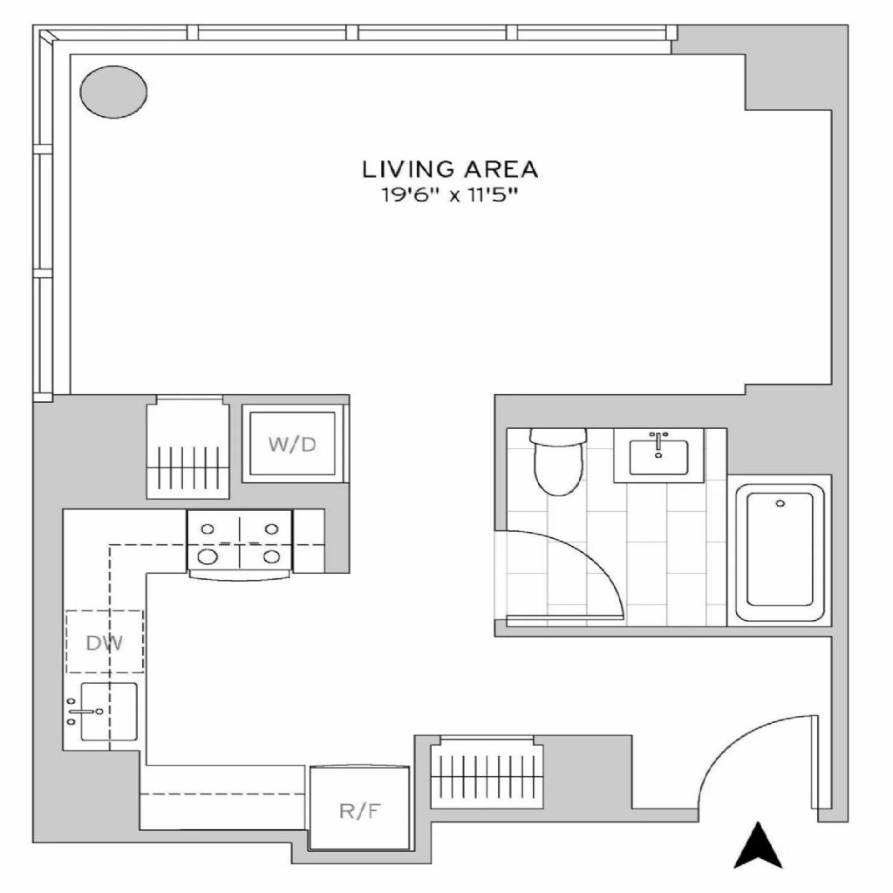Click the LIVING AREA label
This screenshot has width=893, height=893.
click(x=449, y=169)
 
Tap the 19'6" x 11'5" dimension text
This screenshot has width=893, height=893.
click(x=449, y=196)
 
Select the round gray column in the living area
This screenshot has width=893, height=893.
click(x=113, y=92)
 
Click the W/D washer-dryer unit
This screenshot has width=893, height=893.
click(x=292, y=444)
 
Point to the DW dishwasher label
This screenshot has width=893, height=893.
click(x=105, y=643)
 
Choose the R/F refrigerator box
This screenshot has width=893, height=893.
click(x=359, y=808)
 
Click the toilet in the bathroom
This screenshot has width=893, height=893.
click(x=558, y=461)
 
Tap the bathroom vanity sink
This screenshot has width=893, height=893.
click(x=658, y=457)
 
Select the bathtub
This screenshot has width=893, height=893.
click(x=780, y=549)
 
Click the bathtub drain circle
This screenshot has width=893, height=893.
click(x=781, y=503)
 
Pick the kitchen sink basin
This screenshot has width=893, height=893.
click(x=109, y=712)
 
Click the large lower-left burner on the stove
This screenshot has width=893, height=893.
click(x=208, y=556)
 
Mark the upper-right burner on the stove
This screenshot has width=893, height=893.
click(x=272, y=529)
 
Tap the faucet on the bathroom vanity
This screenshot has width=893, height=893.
click(x=658, y=442)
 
